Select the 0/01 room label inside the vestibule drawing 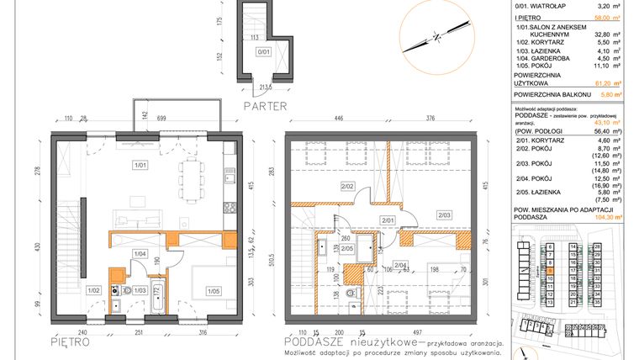(x=265, y=51)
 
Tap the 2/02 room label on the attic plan (x=346, y=185)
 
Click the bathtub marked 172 (x=156, y=295)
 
